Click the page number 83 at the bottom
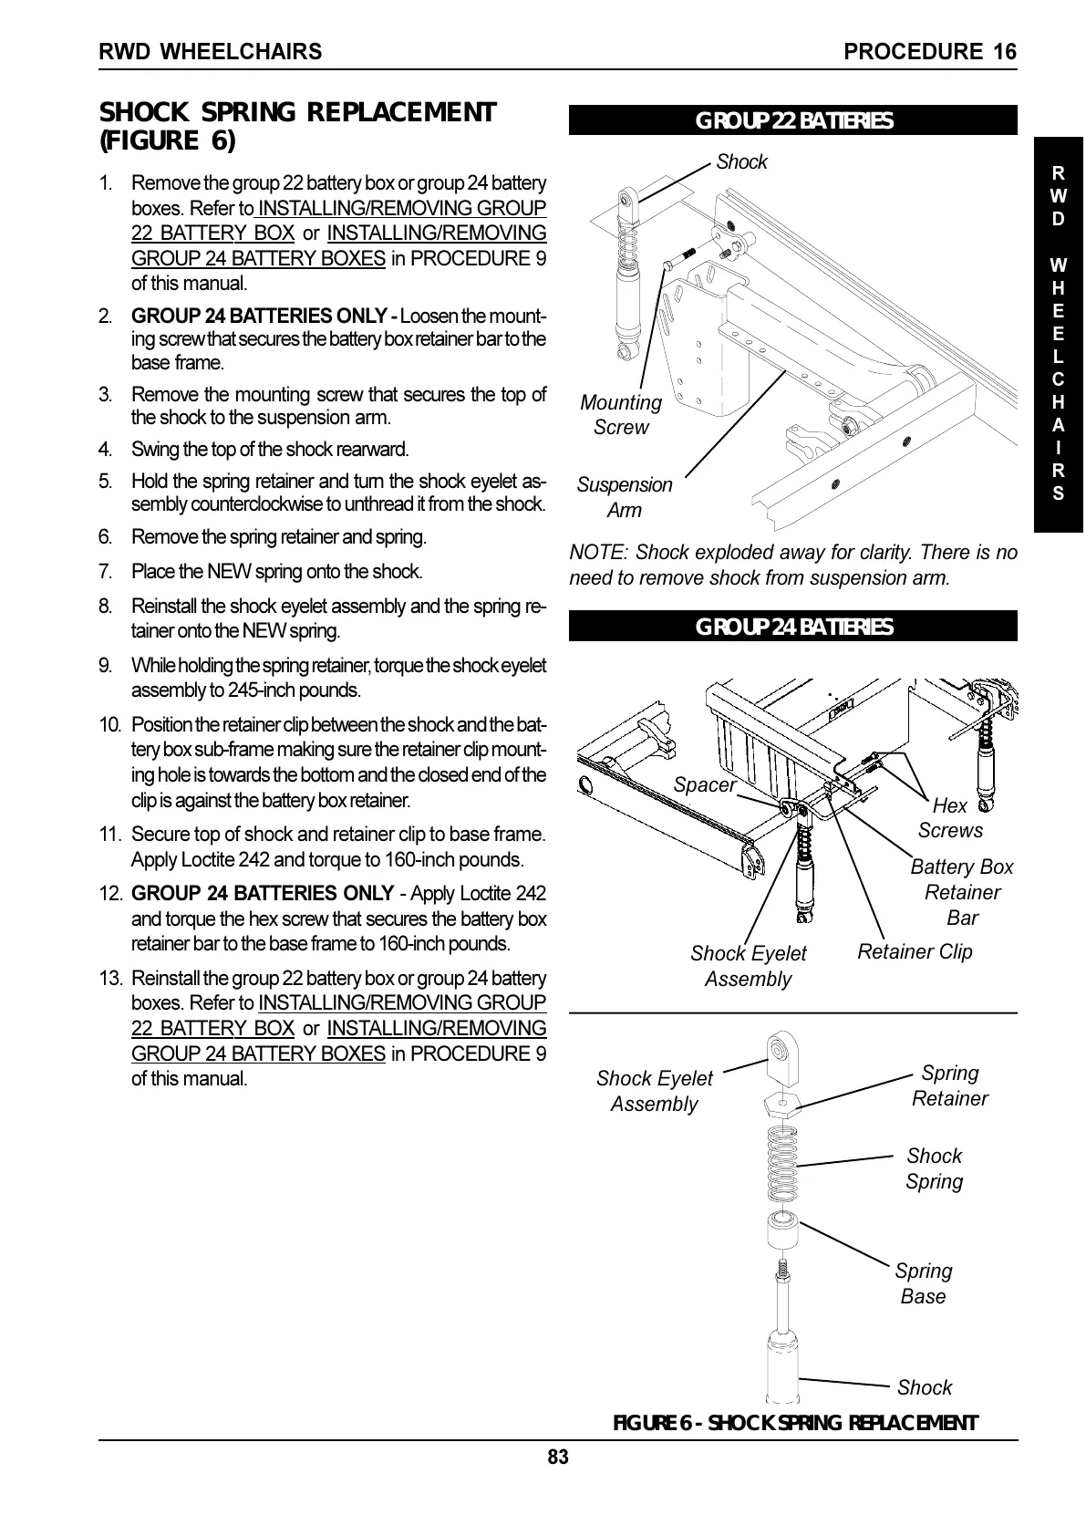[558, 1458]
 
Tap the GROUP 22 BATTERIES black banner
[792, 121]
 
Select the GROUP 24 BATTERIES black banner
[792, 627]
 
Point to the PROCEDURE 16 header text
[929, 52]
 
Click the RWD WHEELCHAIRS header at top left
[211, 52]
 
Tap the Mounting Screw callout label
[621, 415]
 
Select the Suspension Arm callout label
[625, 497]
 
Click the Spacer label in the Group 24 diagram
[704, 784]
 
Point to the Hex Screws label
[950, 817]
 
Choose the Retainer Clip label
[915, 951]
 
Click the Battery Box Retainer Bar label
[962, 892]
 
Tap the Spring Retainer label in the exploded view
[949, 1085]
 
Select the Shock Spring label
[934, 1168]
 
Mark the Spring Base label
[923, 1283]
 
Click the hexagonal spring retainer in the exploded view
[782, 1103]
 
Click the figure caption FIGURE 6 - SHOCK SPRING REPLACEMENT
[794, 1423]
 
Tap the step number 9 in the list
[106, 665]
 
